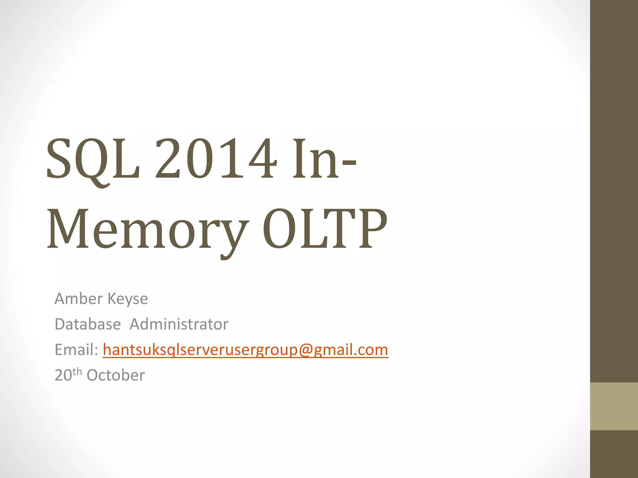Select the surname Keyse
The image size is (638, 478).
pyautogui.click(x=128, y=299)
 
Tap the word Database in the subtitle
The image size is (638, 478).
pyautogui.click(x=88, y=324)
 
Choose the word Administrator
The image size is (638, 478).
pyautogui.click(x=179, y=324)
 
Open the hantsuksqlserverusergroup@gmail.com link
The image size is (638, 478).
pyautogui.click(x=245, y=350)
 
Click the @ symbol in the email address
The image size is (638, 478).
pyautogui.click(x=306, y=350)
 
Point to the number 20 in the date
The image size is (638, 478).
pyautogui.click(x=63, y=375)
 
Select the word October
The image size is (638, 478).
pyautogui.click(x=116, y=375)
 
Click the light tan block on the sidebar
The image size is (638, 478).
pyautogui.click(x=614, y=406)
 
